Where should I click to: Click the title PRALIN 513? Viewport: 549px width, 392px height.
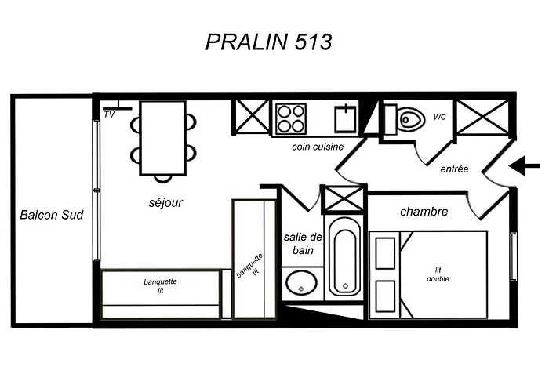point(268,42)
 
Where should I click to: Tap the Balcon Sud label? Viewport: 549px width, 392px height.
point(52,215)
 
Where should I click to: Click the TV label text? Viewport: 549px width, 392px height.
point(109,114)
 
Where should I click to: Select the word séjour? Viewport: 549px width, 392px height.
point(165,202)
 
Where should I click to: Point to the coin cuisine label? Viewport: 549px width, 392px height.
point(318,147)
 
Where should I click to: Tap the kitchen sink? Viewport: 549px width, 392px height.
point(346,118)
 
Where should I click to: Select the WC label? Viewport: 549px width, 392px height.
point(440,118)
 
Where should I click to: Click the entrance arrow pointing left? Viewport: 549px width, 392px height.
point(524,165)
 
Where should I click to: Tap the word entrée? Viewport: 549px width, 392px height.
point(454,169)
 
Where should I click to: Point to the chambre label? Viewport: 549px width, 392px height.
point(424,212)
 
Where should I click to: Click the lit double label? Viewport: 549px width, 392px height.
point(438,274)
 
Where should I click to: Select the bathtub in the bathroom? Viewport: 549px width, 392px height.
point(344,258)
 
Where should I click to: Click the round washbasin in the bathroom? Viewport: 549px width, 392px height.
point(301,283)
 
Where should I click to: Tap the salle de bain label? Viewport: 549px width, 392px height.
point(303,244)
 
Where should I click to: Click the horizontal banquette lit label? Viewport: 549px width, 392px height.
point(160,286)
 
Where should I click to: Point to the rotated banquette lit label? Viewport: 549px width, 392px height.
point(249,267)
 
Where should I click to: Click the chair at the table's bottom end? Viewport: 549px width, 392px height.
point(163,178)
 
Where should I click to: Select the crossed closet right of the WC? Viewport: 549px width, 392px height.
point(483,117)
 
